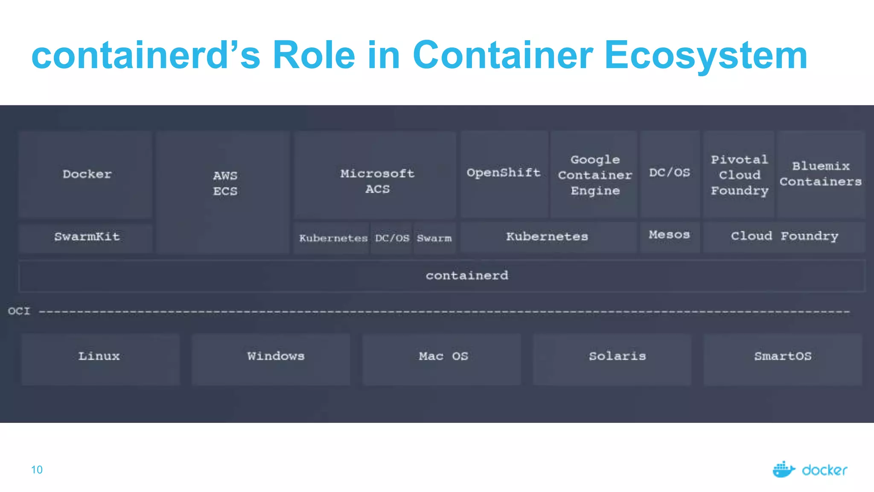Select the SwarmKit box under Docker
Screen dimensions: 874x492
[87, 237]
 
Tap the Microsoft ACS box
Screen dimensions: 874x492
[377, 181]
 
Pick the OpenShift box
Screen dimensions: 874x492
[504, 173]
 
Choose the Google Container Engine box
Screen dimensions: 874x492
[595, 175]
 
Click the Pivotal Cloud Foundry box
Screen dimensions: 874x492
[739, 175]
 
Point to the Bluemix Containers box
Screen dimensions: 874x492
[820, 174]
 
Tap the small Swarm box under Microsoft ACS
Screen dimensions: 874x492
[434, 238]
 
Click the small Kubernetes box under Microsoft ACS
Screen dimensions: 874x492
[333, 238]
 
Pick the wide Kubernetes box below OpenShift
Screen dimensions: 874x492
[547, 237]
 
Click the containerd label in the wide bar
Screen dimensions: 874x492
[467, 275]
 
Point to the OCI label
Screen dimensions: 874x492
[19, 311]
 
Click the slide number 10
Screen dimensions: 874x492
[37, 470]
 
